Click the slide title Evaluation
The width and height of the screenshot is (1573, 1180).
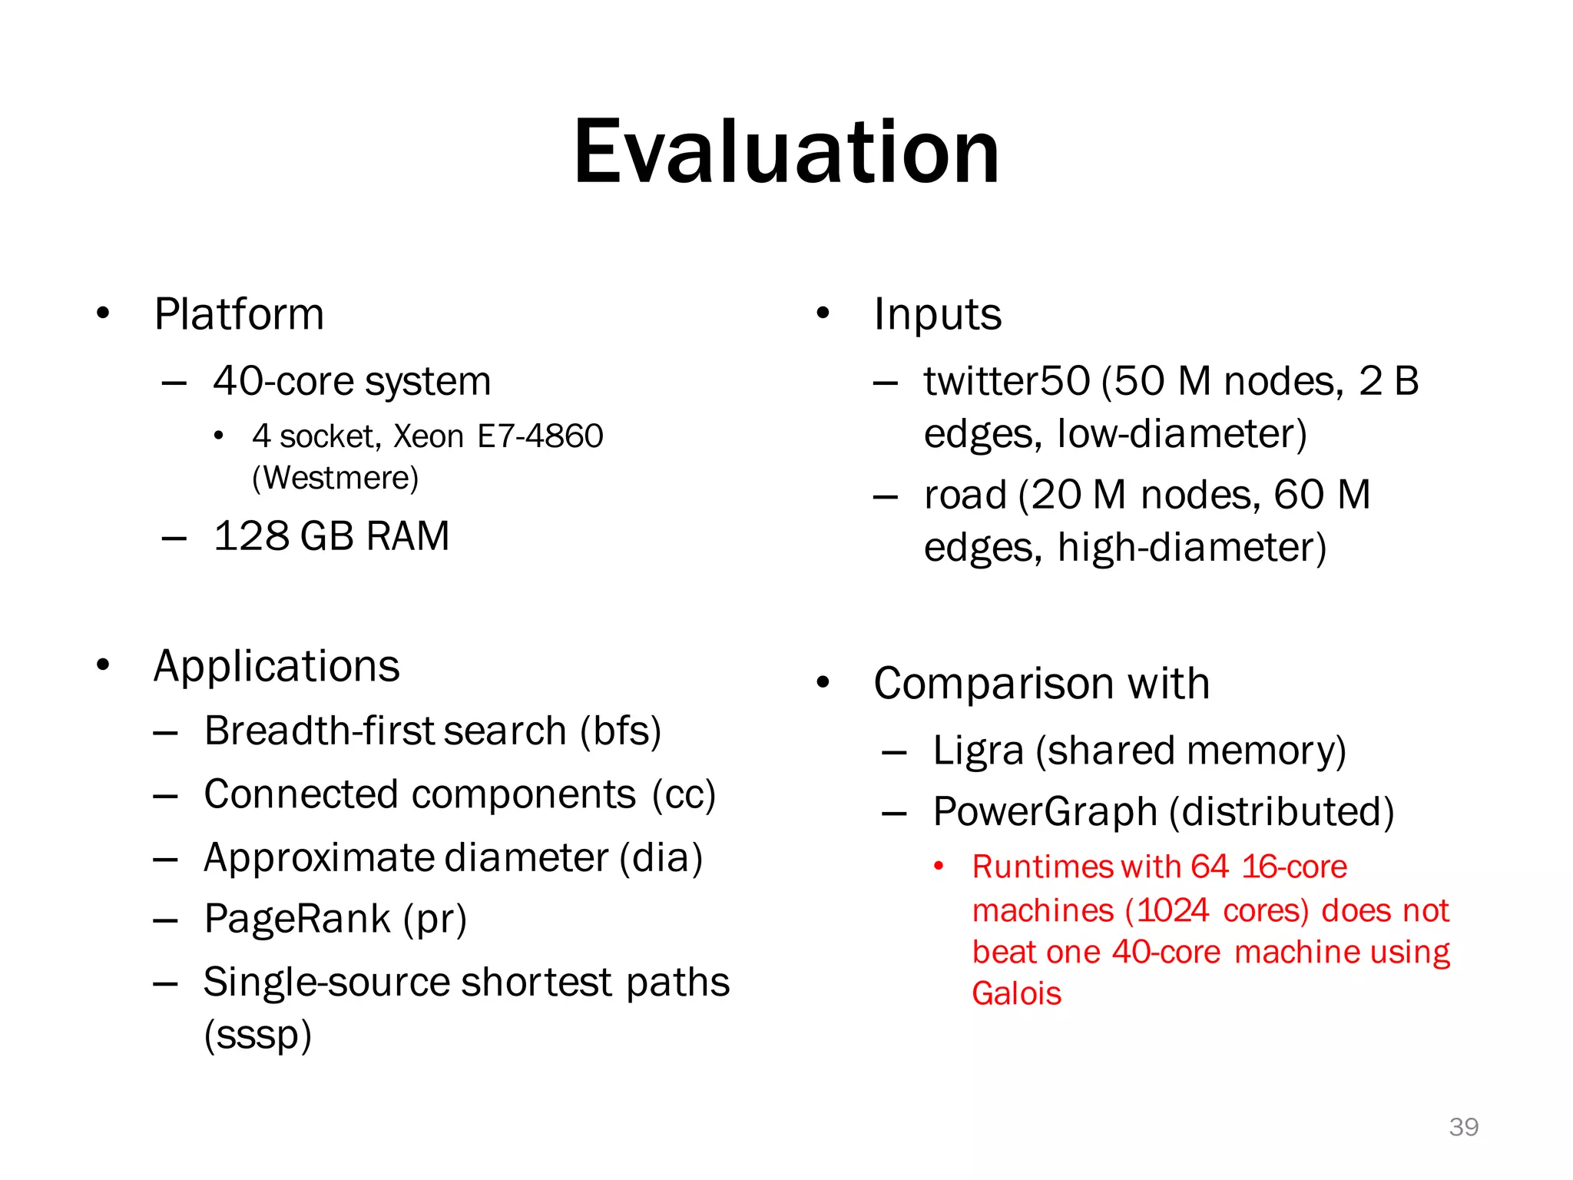click(x=786, y=152)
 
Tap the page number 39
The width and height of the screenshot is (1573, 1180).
click(x=1463, y=1127)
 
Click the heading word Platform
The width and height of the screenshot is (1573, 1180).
click(x=239, y=314)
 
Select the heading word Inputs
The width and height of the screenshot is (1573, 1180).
click(x=937, y=314)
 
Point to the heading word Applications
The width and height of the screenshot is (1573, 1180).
click(x=277, y=666)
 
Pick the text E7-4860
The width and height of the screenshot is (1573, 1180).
click(x=540, y=436)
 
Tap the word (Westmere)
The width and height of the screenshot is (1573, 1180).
click(x=336, y=478)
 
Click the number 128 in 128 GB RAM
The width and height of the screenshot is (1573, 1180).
click(x=250, y=535)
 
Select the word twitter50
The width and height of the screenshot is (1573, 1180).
click(x=1006, y=381)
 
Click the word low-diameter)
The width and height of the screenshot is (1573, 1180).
click(x=1182, y=433)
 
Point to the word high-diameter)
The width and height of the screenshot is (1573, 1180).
click(x=1191, y=548)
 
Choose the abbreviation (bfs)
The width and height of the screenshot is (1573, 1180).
click(x=621, y=731)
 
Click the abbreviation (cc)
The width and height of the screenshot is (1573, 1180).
click(x=684, y=794)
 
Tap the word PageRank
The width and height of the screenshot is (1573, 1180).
click(x=297, y=919)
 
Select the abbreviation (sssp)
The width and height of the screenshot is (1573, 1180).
click(x=258, y=1035)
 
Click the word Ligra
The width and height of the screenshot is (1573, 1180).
click(x=978, y=751)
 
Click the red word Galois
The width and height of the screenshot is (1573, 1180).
click(x=1016, y=994)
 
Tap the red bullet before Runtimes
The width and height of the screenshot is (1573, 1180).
click(x=938, y=867)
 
